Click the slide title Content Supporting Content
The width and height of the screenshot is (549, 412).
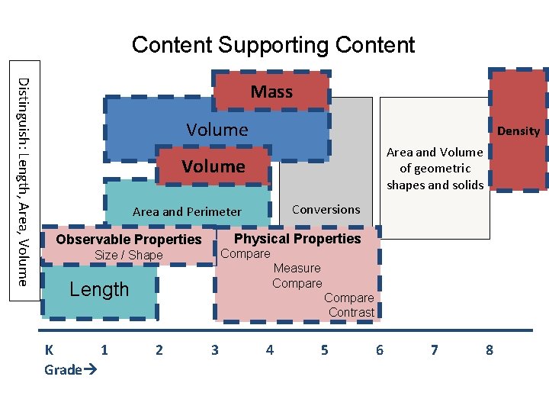click(x=273, y=45)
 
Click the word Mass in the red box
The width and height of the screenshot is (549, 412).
click(x=271, y=92)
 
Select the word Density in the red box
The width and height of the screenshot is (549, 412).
click(x=518, y=131)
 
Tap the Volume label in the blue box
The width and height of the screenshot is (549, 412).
click(x=217, y=130)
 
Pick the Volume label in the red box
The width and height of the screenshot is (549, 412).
click(x=213, y=166)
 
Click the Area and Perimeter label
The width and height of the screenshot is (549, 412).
click(x=187, y=212)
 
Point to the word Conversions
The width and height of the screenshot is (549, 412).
click(x=326, y=209)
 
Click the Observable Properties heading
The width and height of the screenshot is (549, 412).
click(x=129, y=240)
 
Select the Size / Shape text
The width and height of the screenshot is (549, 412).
click(x=128, y=256)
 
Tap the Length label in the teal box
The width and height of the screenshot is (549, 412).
click(x=99, y=290)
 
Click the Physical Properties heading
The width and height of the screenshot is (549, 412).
click(x=297, y=239)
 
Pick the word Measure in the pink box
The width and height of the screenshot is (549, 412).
click(x=297, y=268)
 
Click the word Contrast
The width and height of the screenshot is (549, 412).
click(x=352, y=312)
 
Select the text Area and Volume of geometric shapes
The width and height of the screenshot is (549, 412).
click(x=435, y=169)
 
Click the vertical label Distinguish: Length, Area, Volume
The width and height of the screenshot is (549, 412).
click(x=23, y=182)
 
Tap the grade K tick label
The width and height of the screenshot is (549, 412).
click(x=49, y=350)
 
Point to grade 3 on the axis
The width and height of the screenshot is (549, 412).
click(x=214, y=350)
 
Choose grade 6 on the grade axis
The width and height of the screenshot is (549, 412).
click(x=379, y=350)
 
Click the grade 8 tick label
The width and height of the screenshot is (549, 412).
click(x=489, y=350)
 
